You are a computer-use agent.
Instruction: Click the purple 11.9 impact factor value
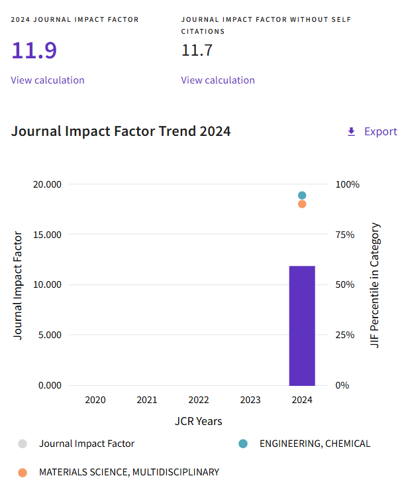[x=34, y=50]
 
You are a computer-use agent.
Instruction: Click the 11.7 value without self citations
[x=197, y=50]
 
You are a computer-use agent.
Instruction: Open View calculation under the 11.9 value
[x=48, y=80]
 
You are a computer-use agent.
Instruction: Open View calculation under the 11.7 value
[x=218, y=80]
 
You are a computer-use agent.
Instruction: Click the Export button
[x=372, y=131]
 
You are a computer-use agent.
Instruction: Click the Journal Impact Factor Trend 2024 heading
[x=121, y=131]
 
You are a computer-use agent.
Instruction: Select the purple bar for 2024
[x=302, y=325]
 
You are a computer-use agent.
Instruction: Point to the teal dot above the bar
[x=302, y=196]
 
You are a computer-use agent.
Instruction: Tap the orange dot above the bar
[x=302, y=204]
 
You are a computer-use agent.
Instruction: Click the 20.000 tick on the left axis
[x=47, y=184]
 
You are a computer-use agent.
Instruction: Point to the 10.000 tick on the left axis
[x=47, y=284]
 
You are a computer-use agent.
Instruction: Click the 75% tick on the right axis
[x=347, y=235]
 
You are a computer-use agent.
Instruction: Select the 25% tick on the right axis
[x=347, y=335]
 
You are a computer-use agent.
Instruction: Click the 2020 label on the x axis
[x=95, y=400]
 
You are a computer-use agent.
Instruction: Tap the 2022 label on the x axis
[x=199, y=400]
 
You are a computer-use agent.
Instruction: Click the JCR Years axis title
[x=199, y=421]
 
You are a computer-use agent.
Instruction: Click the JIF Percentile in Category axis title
[x=375, y=285]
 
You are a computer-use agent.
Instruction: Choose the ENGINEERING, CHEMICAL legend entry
[x=315, y=444]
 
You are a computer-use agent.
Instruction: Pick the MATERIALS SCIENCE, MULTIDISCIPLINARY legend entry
[x=128, y=472]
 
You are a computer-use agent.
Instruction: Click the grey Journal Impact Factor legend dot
[x=23, y=444]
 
